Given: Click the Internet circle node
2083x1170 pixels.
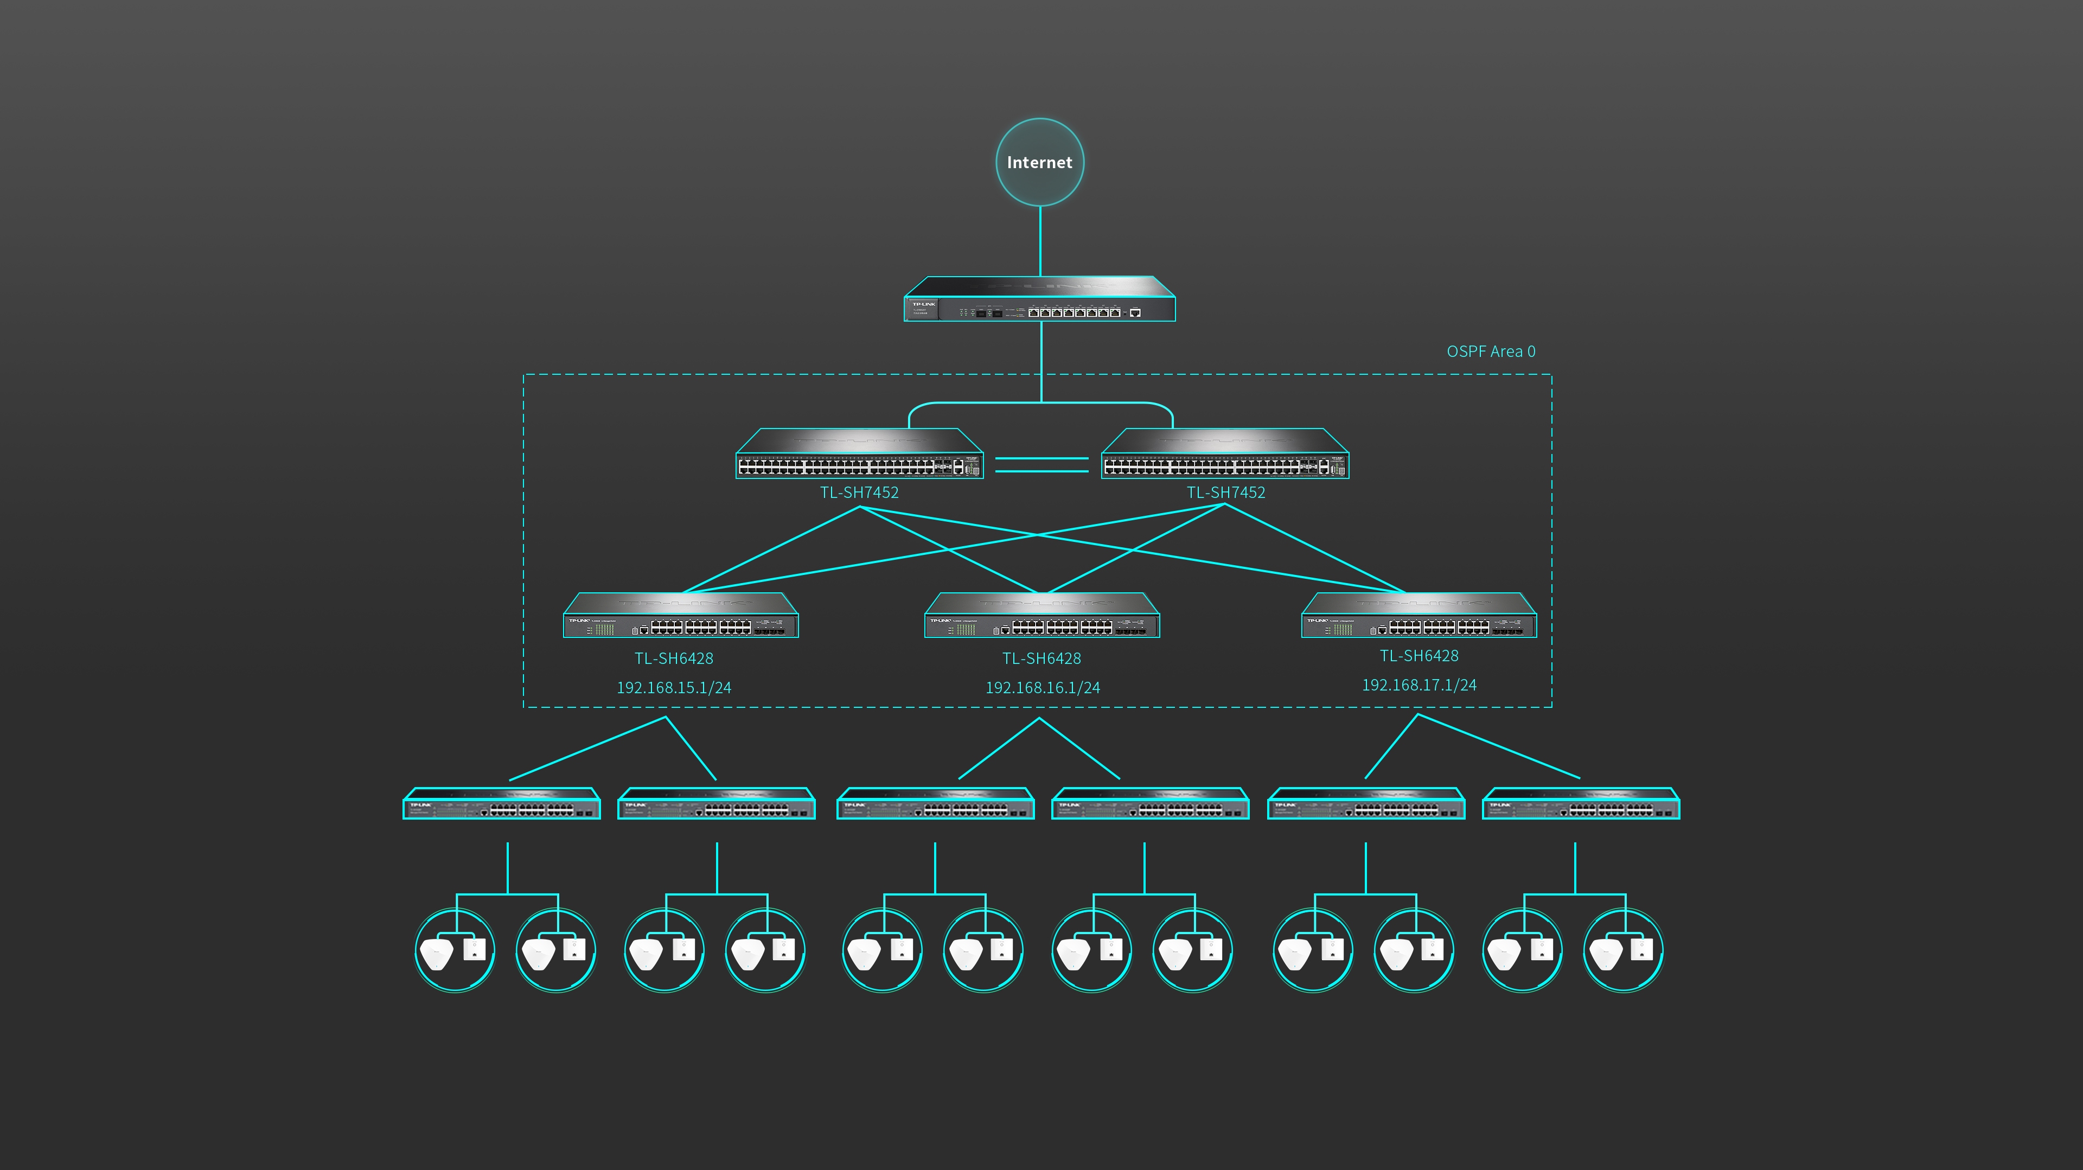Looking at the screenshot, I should click(1039, 163).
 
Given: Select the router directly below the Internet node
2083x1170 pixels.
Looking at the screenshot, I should click(1039, 300).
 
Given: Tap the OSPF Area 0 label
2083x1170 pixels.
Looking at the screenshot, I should click(1490, 351).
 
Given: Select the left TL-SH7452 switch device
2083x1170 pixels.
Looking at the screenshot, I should click(859, 455).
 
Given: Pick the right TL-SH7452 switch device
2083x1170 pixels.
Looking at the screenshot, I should click(1224, 455).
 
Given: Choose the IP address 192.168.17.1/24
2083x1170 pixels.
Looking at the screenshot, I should click(1419, 686).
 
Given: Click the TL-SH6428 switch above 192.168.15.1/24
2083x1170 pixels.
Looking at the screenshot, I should click(681, 616).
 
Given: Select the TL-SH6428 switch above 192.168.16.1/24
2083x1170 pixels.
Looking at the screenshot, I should click(1041, 616).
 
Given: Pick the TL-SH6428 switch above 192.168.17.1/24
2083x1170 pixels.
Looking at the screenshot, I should click(1419, 616).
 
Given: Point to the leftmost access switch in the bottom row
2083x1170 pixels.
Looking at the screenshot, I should click(501, 804).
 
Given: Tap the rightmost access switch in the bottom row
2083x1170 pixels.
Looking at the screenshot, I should click(1580, 804).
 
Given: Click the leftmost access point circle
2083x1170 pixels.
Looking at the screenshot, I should click(455, 950).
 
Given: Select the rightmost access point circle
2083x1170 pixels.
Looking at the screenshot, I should click(1623, 950).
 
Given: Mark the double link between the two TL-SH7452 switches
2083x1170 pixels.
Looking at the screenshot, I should click(1041, 464).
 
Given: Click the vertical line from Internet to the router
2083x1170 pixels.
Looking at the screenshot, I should click(1040, 241).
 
